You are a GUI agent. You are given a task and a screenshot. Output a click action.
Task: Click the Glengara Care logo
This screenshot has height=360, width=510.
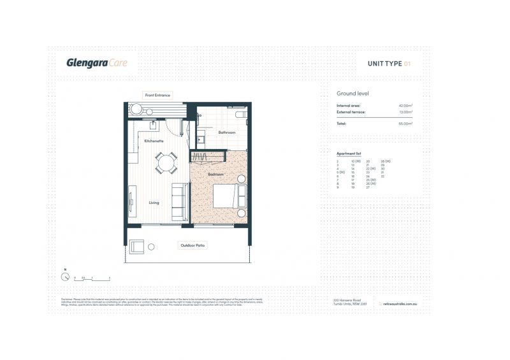97,62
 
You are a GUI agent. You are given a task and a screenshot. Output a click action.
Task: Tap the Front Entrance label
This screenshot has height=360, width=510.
157,95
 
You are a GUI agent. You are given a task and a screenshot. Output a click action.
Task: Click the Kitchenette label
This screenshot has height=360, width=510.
154,140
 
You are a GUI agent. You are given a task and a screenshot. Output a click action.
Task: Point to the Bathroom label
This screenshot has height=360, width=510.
227,133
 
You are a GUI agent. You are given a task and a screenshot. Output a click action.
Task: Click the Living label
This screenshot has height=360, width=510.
154,203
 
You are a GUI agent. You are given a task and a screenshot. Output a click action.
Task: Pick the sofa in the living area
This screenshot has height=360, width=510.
180,194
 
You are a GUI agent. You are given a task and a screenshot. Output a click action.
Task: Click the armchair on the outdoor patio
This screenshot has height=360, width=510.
136,247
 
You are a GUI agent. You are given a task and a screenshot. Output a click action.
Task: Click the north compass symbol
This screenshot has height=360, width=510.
65,277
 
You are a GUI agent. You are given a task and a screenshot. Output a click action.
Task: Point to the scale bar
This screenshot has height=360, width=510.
92,279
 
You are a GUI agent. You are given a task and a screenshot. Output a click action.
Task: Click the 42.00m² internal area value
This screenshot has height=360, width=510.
405,105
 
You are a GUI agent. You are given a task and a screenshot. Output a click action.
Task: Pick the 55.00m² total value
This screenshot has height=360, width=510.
405,123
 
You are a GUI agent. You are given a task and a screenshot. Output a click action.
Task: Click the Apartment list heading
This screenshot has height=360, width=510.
349,154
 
